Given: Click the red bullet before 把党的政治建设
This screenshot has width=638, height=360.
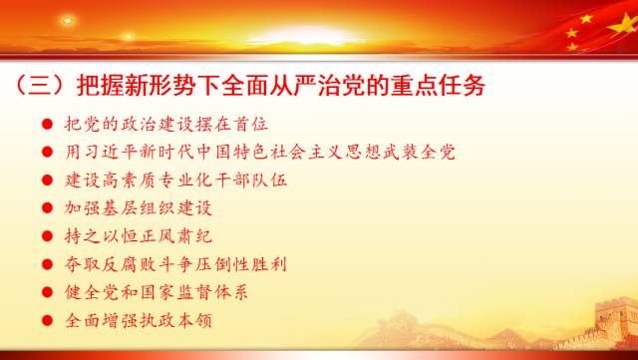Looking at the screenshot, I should pyautogui.click(x=47, y=125).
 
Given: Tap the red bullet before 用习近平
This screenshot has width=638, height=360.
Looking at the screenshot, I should pyautogui.click(x=47, y=153).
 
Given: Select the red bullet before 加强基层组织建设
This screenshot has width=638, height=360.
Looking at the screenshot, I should pyautogui.click(x=47, y=208).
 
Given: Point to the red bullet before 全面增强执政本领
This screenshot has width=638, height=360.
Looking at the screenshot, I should pyautogui.click(x=47, y=320).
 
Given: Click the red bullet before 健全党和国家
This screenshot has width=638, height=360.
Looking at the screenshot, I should pyautogui.click(x=47, y=292).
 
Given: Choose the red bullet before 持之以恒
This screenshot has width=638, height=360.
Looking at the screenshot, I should pyautogui.click(x=47, y=236).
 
